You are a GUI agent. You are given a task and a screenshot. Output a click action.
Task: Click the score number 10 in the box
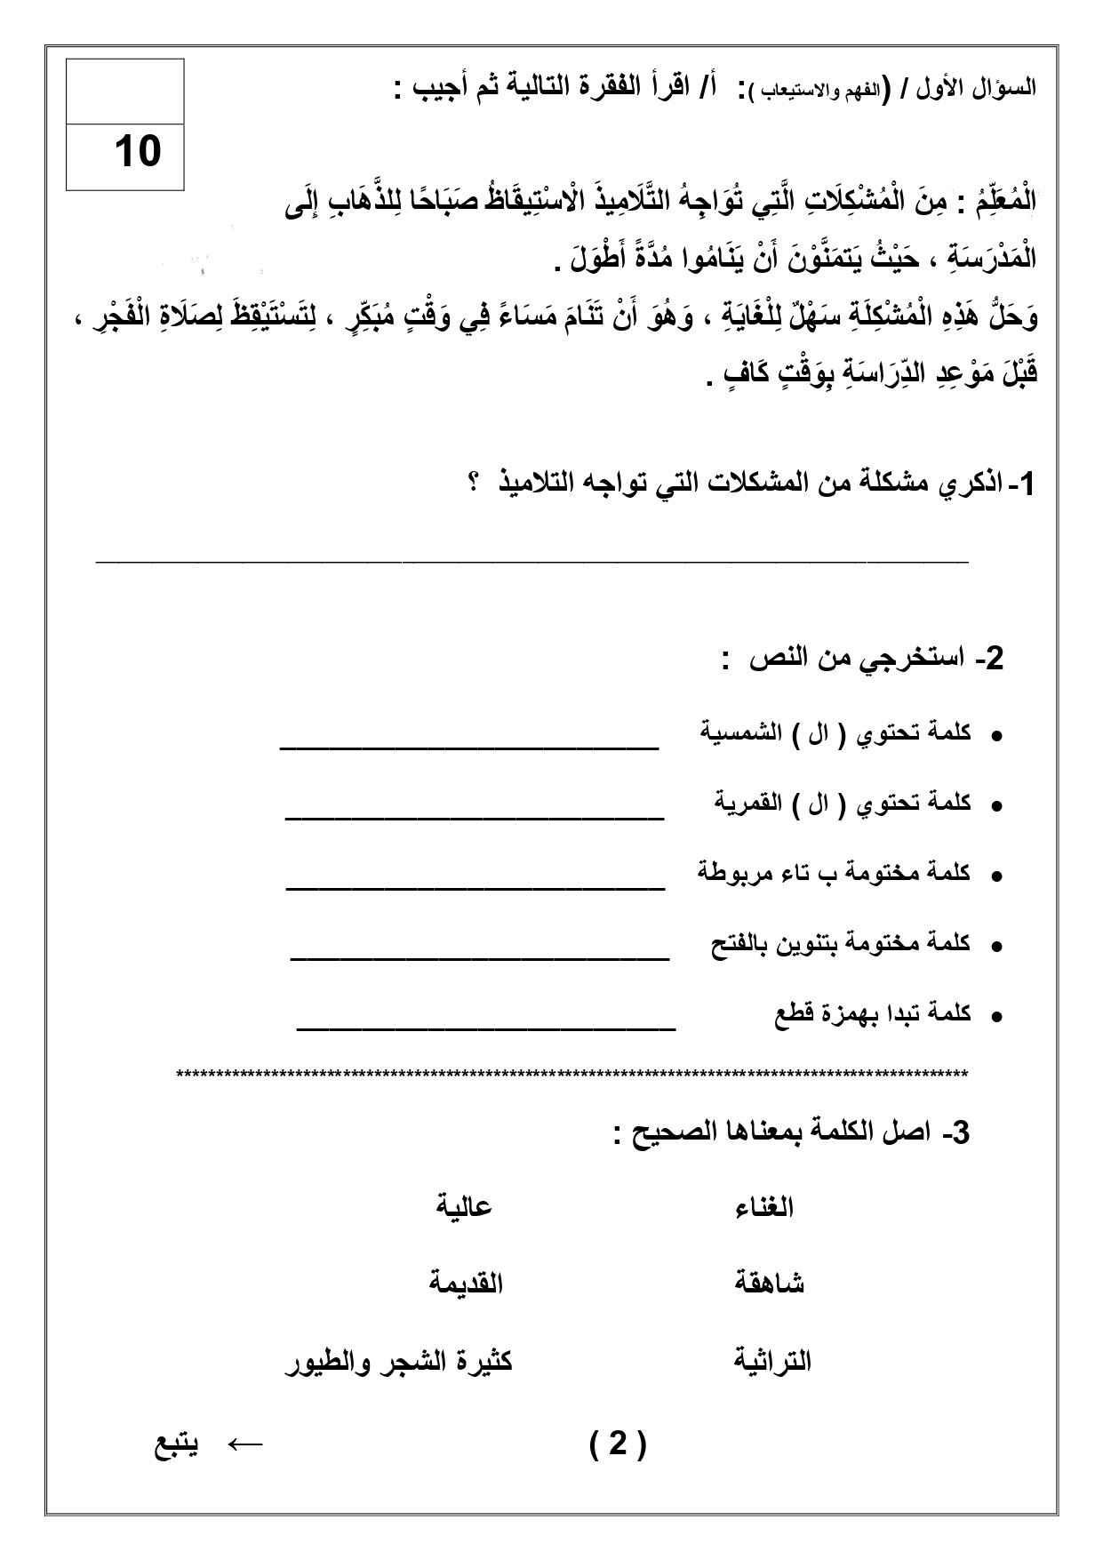(x=137, y=152)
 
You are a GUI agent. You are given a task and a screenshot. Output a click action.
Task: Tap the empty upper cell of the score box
(x=125, y=92)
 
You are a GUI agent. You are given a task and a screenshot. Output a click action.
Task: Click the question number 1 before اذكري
(x=1026, y=485)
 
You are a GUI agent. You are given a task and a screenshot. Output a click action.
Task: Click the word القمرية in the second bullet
(x=748, y=803)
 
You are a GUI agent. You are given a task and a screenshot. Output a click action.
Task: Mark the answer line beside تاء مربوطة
(x=475, y=887)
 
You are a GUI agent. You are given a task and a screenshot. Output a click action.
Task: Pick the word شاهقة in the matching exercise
(x=769, y=1284)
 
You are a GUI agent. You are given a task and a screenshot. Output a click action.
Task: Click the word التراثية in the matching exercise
(x=773, y=1361)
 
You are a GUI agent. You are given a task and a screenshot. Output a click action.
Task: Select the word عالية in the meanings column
(x=464, y=1207)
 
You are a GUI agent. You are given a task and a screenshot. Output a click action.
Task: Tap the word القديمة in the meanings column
(x=466, y=1284)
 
